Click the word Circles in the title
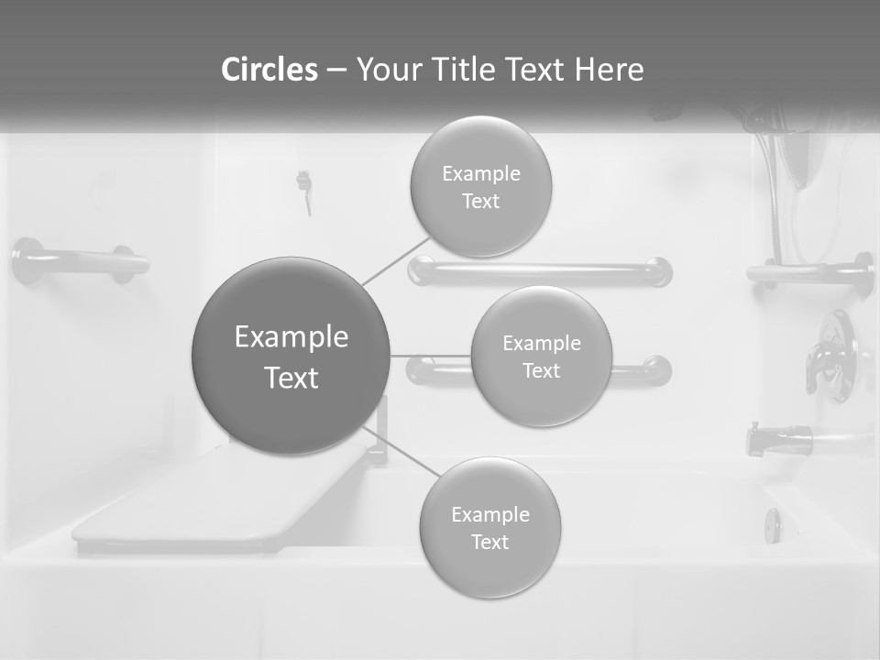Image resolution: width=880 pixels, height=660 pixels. [269, 69]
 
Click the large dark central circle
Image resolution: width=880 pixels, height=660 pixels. [291, 356]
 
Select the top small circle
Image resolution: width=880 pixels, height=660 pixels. [480, 187]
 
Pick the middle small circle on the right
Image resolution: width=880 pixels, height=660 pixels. [541, 356]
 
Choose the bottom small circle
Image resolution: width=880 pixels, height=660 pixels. [489, 527]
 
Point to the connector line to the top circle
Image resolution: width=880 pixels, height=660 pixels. [396, 261]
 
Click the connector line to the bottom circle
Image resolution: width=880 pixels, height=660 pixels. [400, 451]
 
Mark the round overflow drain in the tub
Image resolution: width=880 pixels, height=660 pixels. [773, 525]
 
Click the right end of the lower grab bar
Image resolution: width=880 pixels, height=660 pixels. [656, 370]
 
